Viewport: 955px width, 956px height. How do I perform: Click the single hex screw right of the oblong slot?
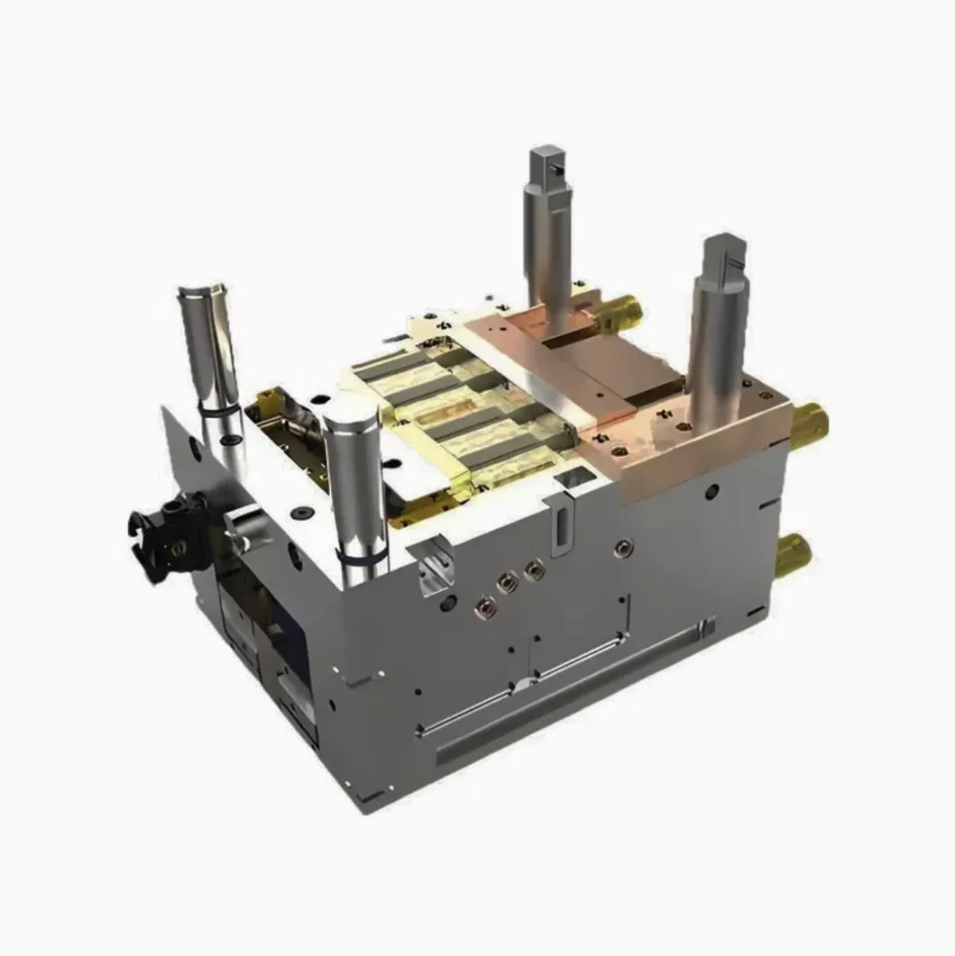pyautogui.click(x=621, y=546)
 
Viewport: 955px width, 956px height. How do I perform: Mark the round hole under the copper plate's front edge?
pyautogui.click(x=712, y=492)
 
